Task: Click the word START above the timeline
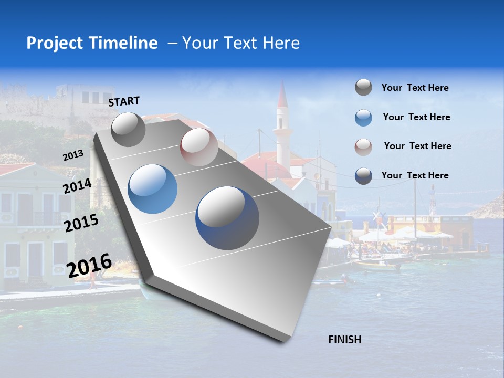point(124,101)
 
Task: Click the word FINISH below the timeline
point(344,340)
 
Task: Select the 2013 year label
point(73,155)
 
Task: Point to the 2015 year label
point(81,223)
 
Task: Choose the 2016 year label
point(89,265)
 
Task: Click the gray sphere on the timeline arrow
point(128,129)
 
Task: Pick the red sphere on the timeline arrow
point(199,147)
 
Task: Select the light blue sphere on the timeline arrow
point(153,188)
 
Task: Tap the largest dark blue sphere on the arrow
point(227,218)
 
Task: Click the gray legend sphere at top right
point(363,87)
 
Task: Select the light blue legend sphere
point(363,118)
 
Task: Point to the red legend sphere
point(363,147)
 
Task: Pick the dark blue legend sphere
point(363,176)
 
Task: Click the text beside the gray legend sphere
point(415,88)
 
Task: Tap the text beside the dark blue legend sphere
point(415,175)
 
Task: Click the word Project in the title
point(55,43)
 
